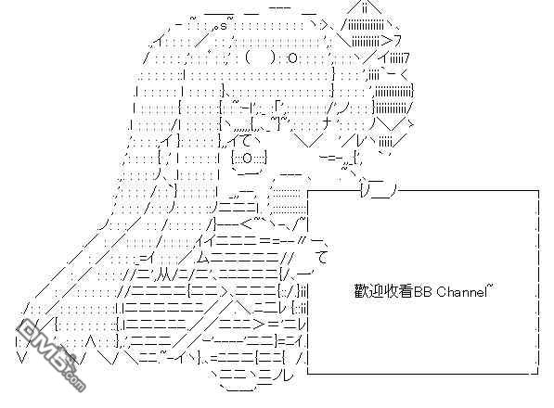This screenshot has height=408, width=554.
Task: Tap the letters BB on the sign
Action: tap(423, 292)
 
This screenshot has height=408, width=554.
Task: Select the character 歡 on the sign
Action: tap(361, 292)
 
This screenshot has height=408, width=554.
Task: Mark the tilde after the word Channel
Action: tap(490, 287)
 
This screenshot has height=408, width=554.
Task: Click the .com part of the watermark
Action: tap(72, 379)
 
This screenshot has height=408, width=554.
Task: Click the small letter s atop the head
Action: tap(224, 27)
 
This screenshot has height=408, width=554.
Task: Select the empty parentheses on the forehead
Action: tap(259, 57)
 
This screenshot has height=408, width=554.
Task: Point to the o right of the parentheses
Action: tap(292, 57)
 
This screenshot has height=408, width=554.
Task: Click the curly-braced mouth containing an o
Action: tap(249, 158)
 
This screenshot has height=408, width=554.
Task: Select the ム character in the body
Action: tap(203, 259)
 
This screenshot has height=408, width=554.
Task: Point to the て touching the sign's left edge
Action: tap(323, 258)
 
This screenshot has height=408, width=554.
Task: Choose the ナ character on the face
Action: tap(328, 123)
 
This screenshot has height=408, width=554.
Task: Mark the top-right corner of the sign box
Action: tap(538, 191)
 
